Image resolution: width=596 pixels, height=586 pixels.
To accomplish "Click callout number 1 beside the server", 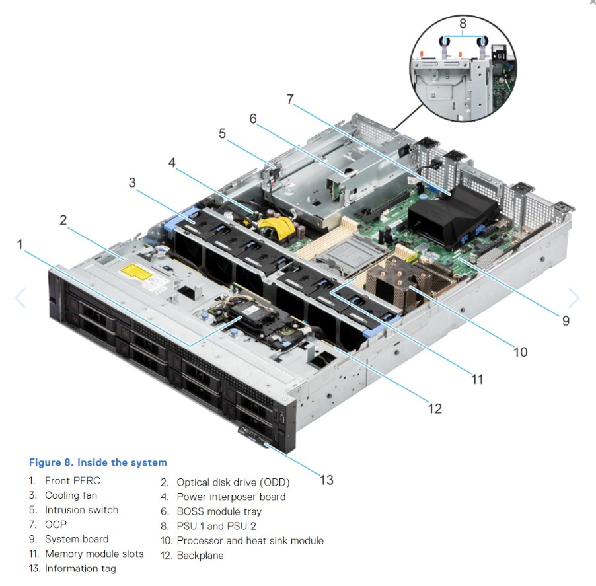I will [x=20, y=244].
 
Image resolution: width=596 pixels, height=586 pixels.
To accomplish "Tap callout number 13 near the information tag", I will [x=326, y=480].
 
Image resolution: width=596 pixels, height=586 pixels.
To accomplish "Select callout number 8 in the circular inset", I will [x=463, y=23].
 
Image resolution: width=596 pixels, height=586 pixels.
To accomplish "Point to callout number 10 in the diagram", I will [x=520, y=351].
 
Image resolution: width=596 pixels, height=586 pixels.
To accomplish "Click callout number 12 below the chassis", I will [x=434, y=408].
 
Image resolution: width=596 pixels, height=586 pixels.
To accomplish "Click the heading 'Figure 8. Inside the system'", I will [x=98, y=462].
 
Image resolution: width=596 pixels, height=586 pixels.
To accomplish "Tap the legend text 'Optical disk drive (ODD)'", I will [x=233, y=482].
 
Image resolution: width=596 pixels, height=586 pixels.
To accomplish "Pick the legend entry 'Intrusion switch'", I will [x=81, y=510].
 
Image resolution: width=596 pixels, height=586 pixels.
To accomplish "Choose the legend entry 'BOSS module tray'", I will [x=219, y=511].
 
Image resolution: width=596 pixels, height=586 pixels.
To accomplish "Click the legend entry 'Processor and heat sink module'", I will [x=250, y=540].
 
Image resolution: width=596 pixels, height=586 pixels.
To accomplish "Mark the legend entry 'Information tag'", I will [x=80, y=568].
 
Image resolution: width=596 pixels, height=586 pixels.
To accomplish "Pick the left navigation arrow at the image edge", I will [x=20, y=298].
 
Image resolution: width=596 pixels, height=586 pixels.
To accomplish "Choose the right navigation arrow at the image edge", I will [x=574, y=298].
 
